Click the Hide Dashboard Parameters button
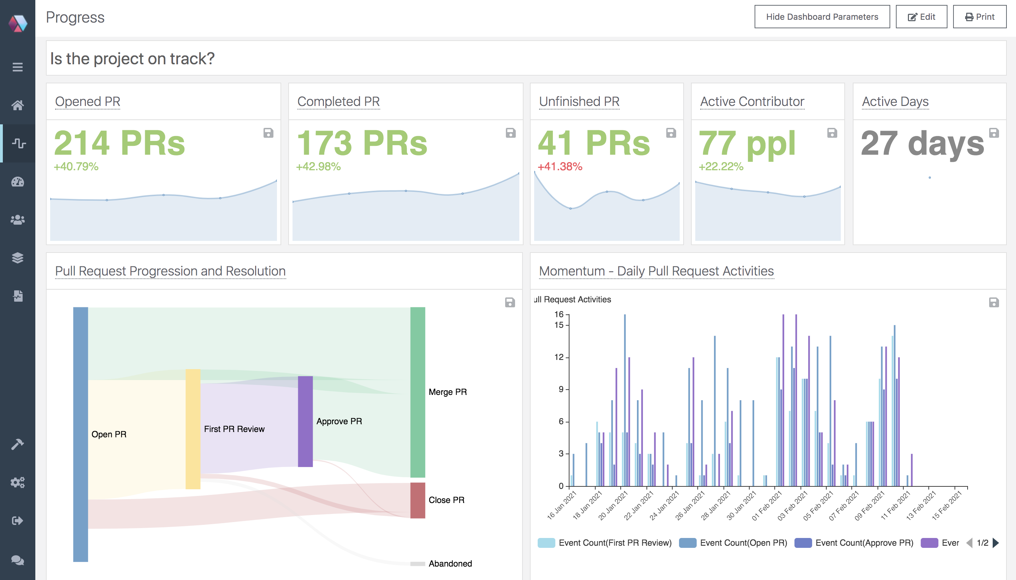coord(822,17)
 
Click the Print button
coord(979,17)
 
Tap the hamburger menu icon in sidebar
coord(18,67)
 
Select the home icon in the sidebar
coord(18,105)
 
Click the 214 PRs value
coord(119,143)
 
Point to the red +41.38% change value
coord(560,166)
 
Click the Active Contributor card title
coord(752,102)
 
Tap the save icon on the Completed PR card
coord(510,133)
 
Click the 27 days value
coord(922,143)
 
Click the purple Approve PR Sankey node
coord(305,421)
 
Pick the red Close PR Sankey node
coord(418,500)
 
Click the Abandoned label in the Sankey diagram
coord(450,563)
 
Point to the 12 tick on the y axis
coord(559,357)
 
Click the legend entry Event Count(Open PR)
coord(743,543)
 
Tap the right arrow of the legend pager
coord(996,543)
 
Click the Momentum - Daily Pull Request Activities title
coord(656,271)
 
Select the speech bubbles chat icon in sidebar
coord(18,560)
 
